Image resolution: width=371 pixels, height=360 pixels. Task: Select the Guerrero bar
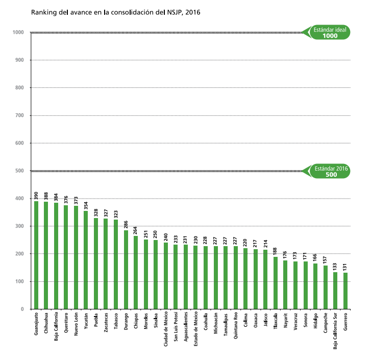tap(345, 291)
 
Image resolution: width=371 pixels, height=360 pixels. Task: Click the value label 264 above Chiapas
tap(136, 230)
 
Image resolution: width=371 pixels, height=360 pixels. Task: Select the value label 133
tap(335, 266)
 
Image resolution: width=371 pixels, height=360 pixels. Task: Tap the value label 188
tap(276, 251)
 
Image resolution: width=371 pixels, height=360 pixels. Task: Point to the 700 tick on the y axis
tap(20, 115)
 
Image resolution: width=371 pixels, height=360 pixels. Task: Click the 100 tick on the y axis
tap(20, 281)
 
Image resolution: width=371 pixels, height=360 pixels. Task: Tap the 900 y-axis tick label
tap(20, 60)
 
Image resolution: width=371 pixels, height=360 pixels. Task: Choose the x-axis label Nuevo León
tap(76, 325)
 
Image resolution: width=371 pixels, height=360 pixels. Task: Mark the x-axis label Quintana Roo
tap(236, 326)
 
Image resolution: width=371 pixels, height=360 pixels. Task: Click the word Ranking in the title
tap(43, 12)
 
